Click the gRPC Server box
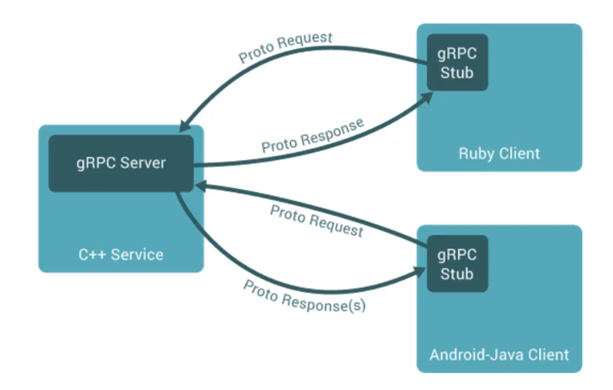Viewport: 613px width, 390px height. click(121, 163)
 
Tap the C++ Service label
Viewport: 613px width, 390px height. click(121, 254)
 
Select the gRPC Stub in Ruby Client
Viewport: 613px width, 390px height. click(457, 63)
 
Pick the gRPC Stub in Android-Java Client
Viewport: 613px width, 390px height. click(457, 264)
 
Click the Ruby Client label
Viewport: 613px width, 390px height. click(499, 152)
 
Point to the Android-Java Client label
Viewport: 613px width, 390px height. click(499, 354)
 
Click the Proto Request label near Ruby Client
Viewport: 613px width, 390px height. click(286, 47)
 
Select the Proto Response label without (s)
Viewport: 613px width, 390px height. click(312, 135)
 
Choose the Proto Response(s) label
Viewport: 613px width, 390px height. click(304, 296)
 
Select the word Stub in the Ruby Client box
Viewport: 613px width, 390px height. click(457, 73)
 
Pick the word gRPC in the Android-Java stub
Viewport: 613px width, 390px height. click(457, 254)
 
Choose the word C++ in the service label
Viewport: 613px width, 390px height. click(91, 254)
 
